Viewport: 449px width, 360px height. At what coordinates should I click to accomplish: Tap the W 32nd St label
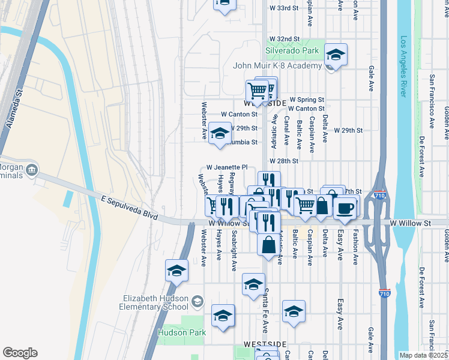pos(285,38)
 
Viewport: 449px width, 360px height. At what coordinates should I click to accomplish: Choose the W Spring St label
pos(307,100)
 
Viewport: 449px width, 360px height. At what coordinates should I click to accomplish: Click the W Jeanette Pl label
pos(227,167)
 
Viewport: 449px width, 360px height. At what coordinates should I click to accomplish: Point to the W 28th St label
pos(284,161)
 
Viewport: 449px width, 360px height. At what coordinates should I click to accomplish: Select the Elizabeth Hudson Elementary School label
pos(155,303)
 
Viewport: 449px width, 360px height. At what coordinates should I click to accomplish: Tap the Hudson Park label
pos(182,332)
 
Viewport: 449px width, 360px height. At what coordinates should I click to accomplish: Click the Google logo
pos(20,353)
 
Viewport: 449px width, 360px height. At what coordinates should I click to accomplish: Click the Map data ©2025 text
pos(424,355)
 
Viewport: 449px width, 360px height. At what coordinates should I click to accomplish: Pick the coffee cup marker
pos(345,208)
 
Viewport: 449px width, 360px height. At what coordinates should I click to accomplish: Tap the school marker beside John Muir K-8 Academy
pos(336,55)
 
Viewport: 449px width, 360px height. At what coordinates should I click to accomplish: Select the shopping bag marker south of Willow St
pos(268,244)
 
